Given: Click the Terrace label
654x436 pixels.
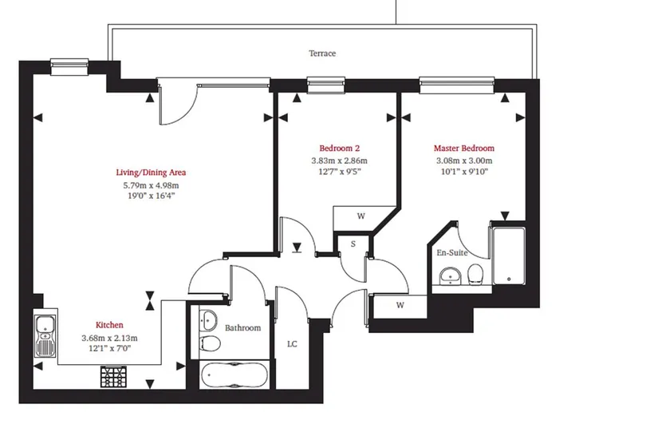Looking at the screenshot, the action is pyautogui.click(x=322, y=54).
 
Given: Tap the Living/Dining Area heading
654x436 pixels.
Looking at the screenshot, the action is pyautogui.click(x=151, y=172).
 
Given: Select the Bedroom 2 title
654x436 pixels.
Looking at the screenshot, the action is pyautogui.click(x=340, y=149).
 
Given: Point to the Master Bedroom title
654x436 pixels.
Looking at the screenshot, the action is pyautogui.click(x=464, y=149).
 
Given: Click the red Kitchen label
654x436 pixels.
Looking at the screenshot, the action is pyautogui.click(x=109, y=325).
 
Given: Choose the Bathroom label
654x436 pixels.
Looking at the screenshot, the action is pyautogui.click(x=242, y=328).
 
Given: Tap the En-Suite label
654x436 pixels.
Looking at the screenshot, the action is pyautogui.click(x=452, y=252).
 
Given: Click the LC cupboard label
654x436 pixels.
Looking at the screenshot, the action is pyautogui.click(x=292, y=344).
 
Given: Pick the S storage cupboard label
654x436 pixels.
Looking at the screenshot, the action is pyautogui.click(x=353, y=244).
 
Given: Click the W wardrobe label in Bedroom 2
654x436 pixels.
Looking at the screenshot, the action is pyautogui.click(x=360, y=216).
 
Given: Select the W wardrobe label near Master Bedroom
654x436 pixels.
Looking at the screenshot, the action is pyautogui.click(x=400, y=305).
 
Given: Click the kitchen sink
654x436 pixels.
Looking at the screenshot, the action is pyautogui.click(x=45, y=335).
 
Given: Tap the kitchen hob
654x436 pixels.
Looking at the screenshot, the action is pyautogui.click(x=113, y=376).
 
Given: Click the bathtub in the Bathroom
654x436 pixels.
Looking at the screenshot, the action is pyautogui.click(x=234, y=375).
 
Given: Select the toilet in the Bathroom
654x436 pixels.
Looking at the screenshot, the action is pyautogui.click(x=210, y=344).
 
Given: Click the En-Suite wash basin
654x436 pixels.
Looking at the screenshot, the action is pyautogui.click(x=450, y=276).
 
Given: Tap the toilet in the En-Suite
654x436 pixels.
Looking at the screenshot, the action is pyautogui.click(x=475, y=275).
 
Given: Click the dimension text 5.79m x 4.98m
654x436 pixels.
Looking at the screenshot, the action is pyautogui.click(x=151, y=185).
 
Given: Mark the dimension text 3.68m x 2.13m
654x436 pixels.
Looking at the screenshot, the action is pyautogui.click(x=110, y=338).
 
